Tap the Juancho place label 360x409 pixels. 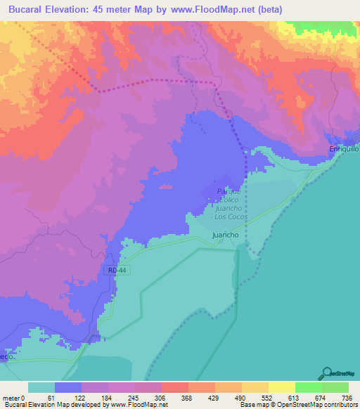(x=226, y=236)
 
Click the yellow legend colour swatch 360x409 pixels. (x=281, y=387)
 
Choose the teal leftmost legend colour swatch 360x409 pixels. (x=41, y=387)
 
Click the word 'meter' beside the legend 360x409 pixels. (x=12, y=397)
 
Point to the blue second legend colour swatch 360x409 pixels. (x=68, y=387)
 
